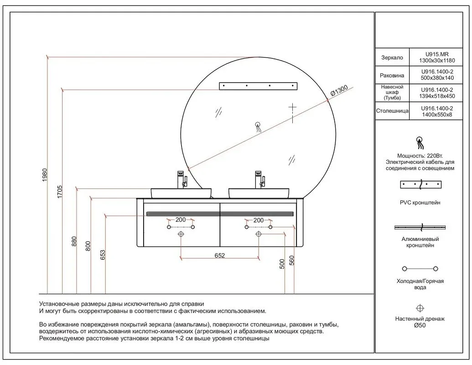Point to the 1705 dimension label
(x=59, y=193)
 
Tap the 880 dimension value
(x=74, y=241)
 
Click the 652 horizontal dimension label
(x=220, y=256)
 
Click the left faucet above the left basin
(x=182, y=179)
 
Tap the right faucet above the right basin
(x=259, y=179)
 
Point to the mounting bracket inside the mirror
(x=258, y=85)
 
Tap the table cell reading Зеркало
(x=391, y=58)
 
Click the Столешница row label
(x=391, y=111)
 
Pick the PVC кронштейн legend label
(x=420, y=203)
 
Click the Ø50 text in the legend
(x=420, y=326)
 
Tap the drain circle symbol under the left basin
(x=181, y=234)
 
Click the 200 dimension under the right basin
(x=258, y=220)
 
